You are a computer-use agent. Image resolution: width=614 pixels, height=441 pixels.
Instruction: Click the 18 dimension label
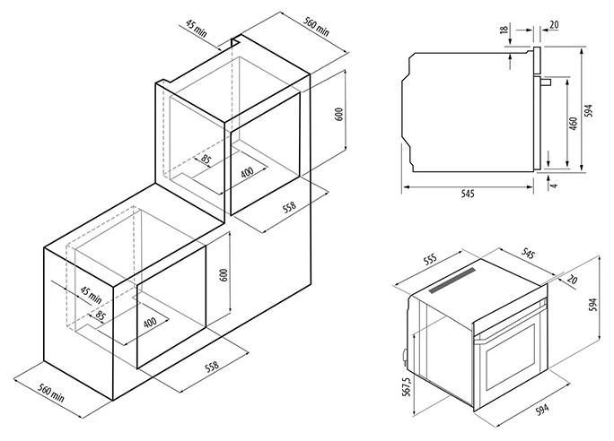click(504, 29)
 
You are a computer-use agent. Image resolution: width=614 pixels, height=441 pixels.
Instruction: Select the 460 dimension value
click(574, 124)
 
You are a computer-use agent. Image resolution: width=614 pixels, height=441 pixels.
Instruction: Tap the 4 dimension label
click(553, 184)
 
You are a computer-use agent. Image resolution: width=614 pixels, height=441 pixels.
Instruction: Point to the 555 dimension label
click(430, 260)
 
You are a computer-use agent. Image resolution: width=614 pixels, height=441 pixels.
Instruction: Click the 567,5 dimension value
click(407, 387)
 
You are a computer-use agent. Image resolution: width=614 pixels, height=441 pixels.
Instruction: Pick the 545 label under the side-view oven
click(468, 194)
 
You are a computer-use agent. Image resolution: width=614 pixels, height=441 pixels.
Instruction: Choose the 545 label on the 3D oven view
click(528, 254)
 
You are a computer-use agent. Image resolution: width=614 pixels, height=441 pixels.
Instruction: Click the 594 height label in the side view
click(589, 110)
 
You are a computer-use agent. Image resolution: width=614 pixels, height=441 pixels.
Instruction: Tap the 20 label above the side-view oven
click(554, 25)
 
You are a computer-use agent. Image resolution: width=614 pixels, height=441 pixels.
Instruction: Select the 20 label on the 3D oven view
click(572, 279)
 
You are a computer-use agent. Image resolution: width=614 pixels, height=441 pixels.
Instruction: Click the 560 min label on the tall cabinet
click(317, 26)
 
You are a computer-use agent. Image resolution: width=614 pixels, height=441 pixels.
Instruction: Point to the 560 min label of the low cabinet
click(51, 393)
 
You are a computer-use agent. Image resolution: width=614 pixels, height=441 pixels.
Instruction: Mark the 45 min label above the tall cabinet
click(196, 28)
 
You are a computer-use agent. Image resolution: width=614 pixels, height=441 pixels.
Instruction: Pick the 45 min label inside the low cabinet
click(91, 295)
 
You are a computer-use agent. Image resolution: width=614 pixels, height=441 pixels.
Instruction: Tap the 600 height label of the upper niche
click(339, 114)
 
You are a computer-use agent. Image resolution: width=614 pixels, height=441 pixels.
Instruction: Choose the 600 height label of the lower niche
click(224, 275)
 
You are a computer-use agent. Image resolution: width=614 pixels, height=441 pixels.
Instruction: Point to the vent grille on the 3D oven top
click(452, 280)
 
